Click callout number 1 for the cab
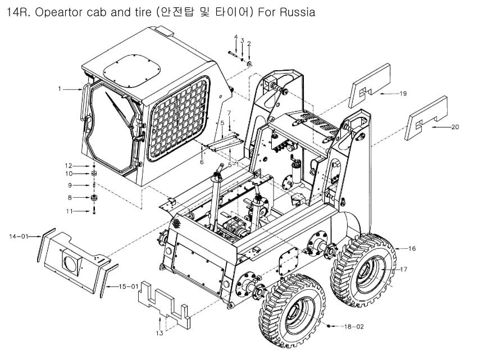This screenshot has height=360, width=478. coord(59,88)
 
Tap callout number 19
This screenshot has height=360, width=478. coord(403,94)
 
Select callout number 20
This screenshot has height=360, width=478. coord(455,127)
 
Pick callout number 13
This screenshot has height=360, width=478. coord(159,333)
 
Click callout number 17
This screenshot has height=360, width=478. coord(403,270)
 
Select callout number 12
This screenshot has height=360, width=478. coord(69,166)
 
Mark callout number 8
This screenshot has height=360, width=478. coord(70,197)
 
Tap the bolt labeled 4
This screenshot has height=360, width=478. coord(234,53)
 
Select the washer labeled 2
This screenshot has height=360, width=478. coord(248,63)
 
